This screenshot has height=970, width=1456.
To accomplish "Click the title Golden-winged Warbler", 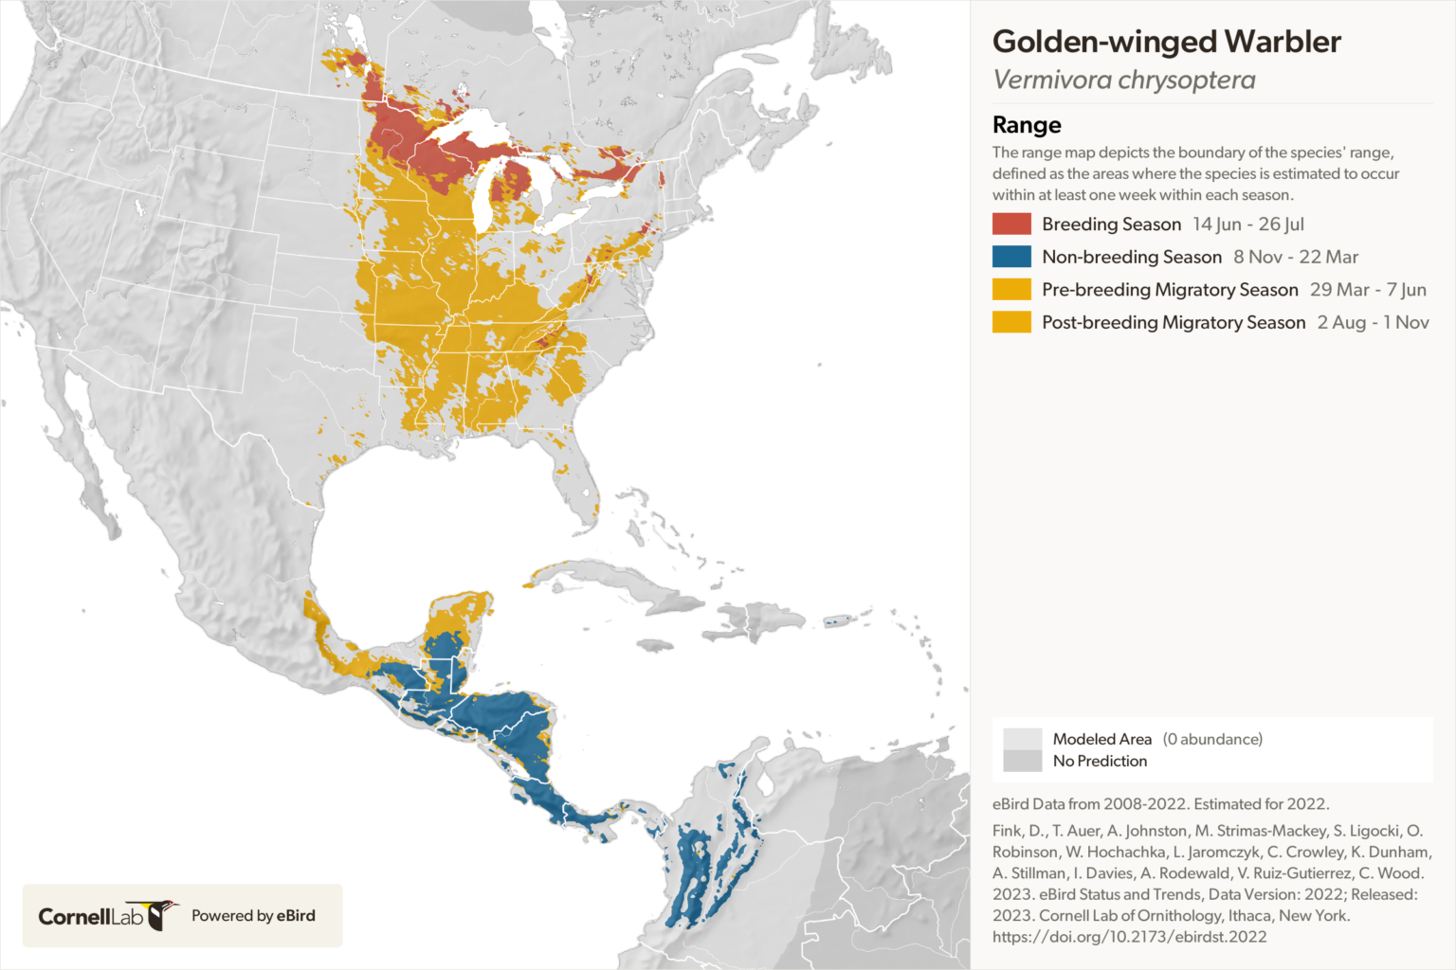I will pos(1166,42).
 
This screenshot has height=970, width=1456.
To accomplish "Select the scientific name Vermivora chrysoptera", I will pos(1123,81).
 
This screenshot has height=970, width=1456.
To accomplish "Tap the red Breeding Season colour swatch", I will pos(1011,225).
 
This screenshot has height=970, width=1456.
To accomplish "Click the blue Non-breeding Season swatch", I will pos(1011,257).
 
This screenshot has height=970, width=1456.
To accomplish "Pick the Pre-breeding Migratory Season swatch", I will pos(1011,290).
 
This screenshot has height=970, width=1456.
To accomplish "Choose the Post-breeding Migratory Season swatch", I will pos(1011,322).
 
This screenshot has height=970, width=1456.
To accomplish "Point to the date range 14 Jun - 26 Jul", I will pos(1248,225).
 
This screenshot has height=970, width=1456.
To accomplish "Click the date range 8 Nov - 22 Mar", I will pos(1296,257).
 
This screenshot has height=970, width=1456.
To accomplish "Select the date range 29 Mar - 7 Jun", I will pos(1368,290).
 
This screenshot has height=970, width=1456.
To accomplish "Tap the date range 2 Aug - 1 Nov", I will pos(1373,322).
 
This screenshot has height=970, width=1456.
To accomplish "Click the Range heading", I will pos(1027,125).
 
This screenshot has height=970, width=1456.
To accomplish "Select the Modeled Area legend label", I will pos(1101,739).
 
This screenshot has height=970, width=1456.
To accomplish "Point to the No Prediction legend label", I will pos(1100,761).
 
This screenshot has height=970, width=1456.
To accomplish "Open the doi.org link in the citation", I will pos(1129,937).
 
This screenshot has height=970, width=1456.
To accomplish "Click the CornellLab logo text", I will pos(90,916).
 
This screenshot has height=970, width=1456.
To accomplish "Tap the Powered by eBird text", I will pos(253,916).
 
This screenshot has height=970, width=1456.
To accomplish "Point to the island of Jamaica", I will pos(655,645).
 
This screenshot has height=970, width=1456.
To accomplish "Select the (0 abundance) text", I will pos(1212,739).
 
